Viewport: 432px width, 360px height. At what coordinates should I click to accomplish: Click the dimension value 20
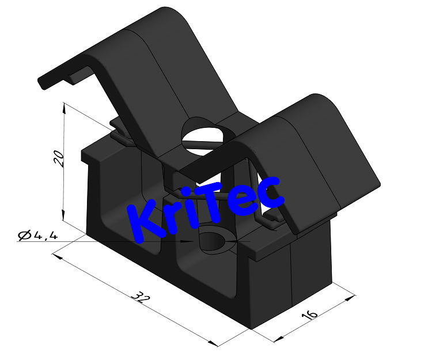coord(59,157)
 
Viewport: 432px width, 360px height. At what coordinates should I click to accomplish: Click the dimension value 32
coord(138,297)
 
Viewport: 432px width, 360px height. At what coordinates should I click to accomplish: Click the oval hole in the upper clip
coord(202,137)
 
